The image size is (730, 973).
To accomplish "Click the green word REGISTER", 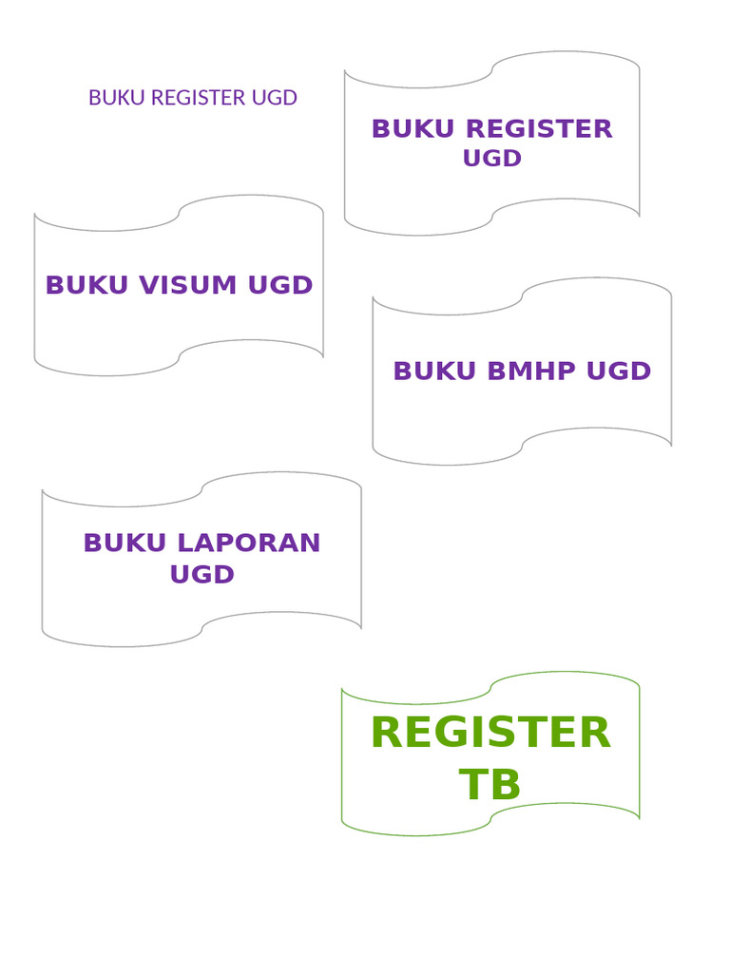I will tap(490, 734).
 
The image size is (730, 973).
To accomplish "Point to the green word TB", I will tap(490, 786).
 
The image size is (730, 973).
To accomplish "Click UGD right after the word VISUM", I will tap(280, 285).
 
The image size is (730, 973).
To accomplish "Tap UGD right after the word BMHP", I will tap(619, 372).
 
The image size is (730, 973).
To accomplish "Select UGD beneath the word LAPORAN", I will tap(202, 575).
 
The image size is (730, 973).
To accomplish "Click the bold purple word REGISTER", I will tap(539, 129).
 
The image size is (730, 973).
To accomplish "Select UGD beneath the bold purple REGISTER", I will tap(492, 159).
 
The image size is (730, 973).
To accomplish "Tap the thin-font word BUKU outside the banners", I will tap(116, 98).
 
